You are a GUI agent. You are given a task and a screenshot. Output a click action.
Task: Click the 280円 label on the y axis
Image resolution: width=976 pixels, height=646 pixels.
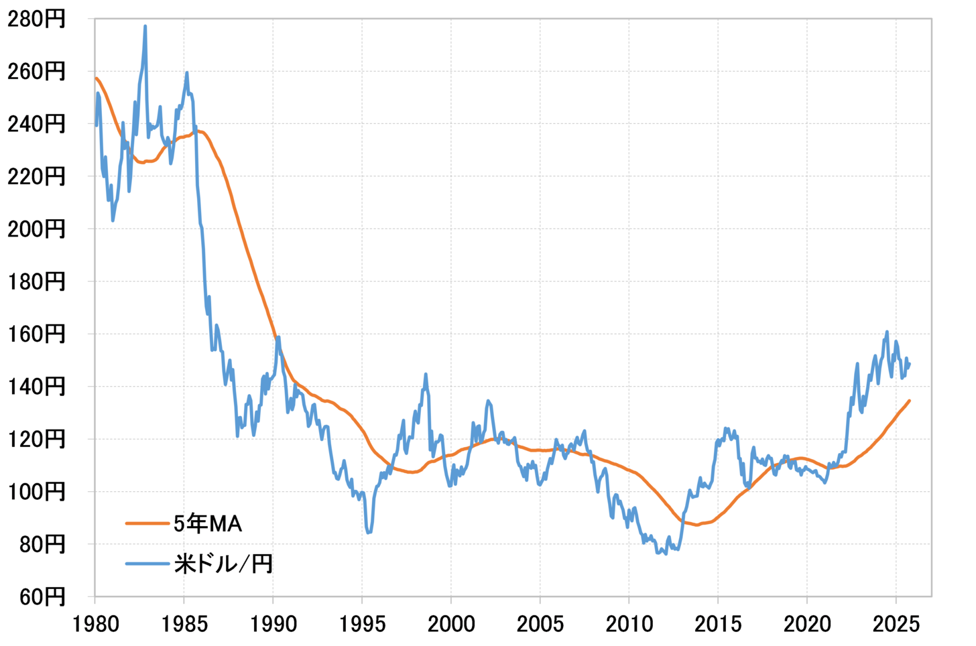[x=37, y=19]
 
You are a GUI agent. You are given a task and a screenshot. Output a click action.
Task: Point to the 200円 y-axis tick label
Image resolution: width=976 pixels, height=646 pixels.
[x=37, y=229]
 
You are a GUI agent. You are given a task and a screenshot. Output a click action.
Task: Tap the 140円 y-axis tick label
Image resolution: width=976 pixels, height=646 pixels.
[x=37, y=387]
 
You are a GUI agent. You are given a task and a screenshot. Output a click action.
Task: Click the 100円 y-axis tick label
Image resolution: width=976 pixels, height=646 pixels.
[x=37, y=492]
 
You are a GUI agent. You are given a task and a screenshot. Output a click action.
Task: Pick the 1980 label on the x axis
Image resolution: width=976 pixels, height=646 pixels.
[x=95, y=625]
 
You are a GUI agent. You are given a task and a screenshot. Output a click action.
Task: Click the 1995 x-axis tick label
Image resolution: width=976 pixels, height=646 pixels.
[x=362, y=625]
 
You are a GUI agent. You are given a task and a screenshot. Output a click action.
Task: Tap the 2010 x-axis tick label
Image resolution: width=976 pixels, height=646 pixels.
[x=629, y=625]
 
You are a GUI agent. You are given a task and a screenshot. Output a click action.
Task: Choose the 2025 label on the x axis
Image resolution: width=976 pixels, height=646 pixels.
[x=896, y=625]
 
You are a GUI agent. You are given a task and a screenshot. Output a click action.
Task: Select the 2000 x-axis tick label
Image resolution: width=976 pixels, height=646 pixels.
[x=451, y=625]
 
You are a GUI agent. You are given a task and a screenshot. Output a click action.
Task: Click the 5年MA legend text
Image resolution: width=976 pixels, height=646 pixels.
[x=208, y=523]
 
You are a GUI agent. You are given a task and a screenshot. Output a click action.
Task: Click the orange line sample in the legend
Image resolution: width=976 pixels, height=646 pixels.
[x=147, y=523]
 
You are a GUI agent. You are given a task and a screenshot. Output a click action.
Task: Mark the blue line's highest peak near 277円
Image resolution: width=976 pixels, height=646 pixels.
[x=145, y=27]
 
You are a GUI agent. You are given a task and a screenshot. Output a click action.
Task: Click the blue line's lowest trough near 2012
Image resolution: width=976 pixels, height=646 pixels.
[x=665, y=554]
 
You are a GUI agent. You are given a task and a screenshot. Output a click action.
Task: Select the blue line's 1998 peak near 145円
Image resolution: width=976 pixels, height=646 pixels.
[x=426, y=375]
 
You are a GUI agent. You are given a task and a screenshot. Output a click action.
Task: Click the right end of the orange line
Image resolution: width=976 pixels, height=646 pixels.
[x=909, y=401]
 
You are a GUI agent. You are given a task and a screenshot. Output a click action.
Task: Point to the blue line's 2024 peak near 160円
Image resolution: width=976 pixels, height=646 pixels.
[x=887, y=332]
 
